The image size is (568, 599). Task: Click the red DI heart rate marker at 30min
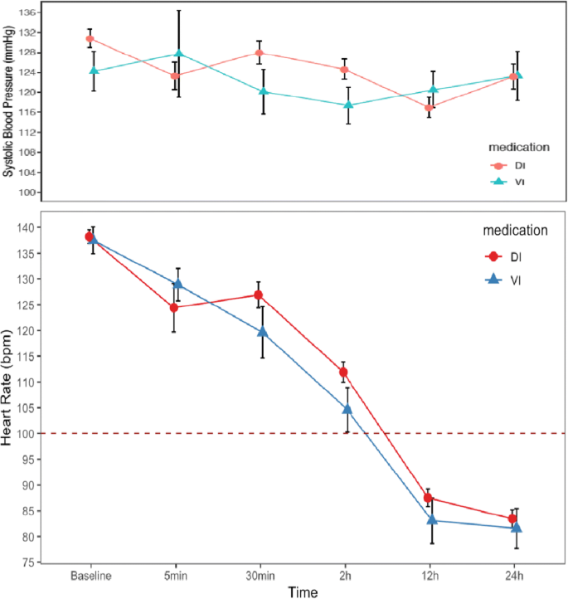click(259, 295)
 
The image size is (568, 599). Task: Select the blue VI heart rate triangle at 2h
click(347, 408)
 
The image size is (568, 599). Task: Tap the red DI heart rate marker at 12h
click(428, 498)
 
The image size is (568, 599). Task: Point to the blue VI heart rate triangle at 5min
click(177, 284)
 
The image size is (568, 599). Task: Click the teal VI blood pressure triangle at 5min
click(177, 54)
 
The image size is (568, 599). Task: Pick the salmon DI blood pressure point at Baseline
click(90, 39)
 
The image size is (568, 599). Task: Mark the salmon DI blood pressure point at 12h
click(429, 107)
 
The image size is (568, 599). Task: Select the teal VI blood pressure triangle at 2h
click(348, 105)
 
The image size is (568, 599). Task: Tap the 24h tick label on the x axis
click(514, 576)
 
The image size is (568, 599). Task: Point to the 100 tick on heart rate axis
click(28, 434)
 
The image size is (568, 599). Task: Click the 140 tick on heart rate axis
click(28, 227)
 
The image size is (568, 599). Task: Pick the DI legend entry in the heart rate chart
click(505, 256)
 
